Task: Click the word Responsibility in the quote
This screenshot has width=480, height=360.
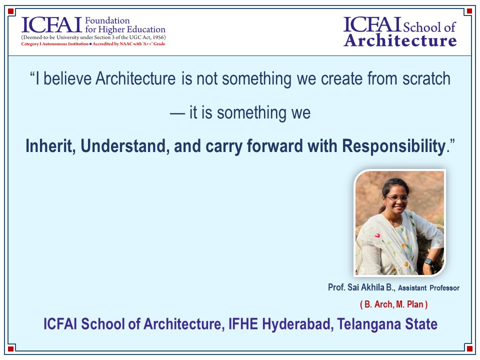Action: click(x=393, y=146)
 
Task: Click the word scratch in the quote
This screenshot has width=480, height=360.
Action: click(x=426, y=78)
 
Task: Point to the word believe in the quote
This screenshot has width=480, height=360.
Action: click(x=67, y=78)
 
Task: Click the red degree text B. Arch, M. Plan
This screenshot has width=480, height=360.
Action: click(x=394, y=304)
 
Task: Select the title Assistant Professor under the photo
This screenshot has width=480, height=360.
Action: click(x=428, y=288)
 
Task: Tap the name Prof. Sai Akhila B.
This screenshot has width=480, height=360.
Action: click(x=361, y=287)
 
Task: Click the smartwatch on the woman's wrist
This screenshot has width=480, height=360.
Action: click(x=428, y=261)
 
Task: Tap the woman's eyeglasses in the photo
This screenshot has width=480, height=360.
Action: click(x=396, y=198)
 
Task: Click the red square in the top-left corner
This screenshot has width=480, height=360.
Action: click(x=10, y=11)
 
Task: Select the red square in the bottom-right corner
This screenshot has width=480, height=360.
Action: click(x=469, y=348)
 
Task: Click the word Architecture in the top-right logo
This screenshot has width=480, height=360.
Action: click(x=400, y=40)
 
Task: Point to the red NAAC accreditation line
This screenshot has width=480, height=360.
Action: click(x=93, y=44)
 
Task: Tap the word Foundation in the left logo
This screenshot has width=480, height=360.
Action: click(x=107, y=20)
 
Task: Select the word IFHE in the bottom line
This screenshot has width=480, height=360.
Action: click(x=243, y=324)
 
